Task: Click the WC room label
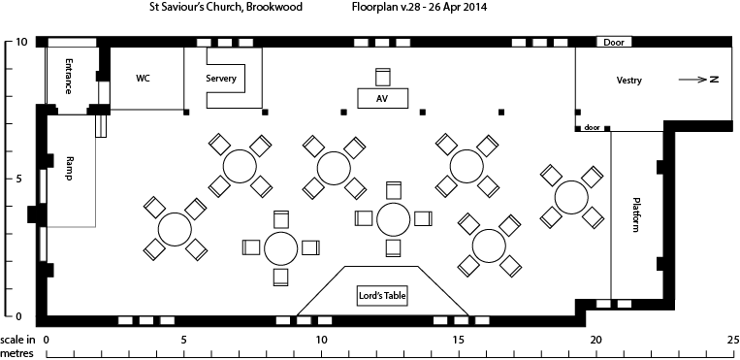click(143, 78)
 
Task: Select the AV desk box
click(382, 98)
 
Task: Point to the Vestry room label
click(628, 80)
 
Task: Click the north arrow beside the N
click(691, 80)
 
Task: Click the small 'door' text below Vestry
click(592, 127)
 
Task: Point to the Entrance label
click(70, 75)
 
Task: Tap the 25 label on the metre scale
click(732, 341)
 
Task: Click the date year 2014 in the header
click(475, 7)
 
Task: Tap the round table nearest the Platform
click(572, 197)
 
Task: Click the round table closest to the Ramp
click(175, 230)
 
